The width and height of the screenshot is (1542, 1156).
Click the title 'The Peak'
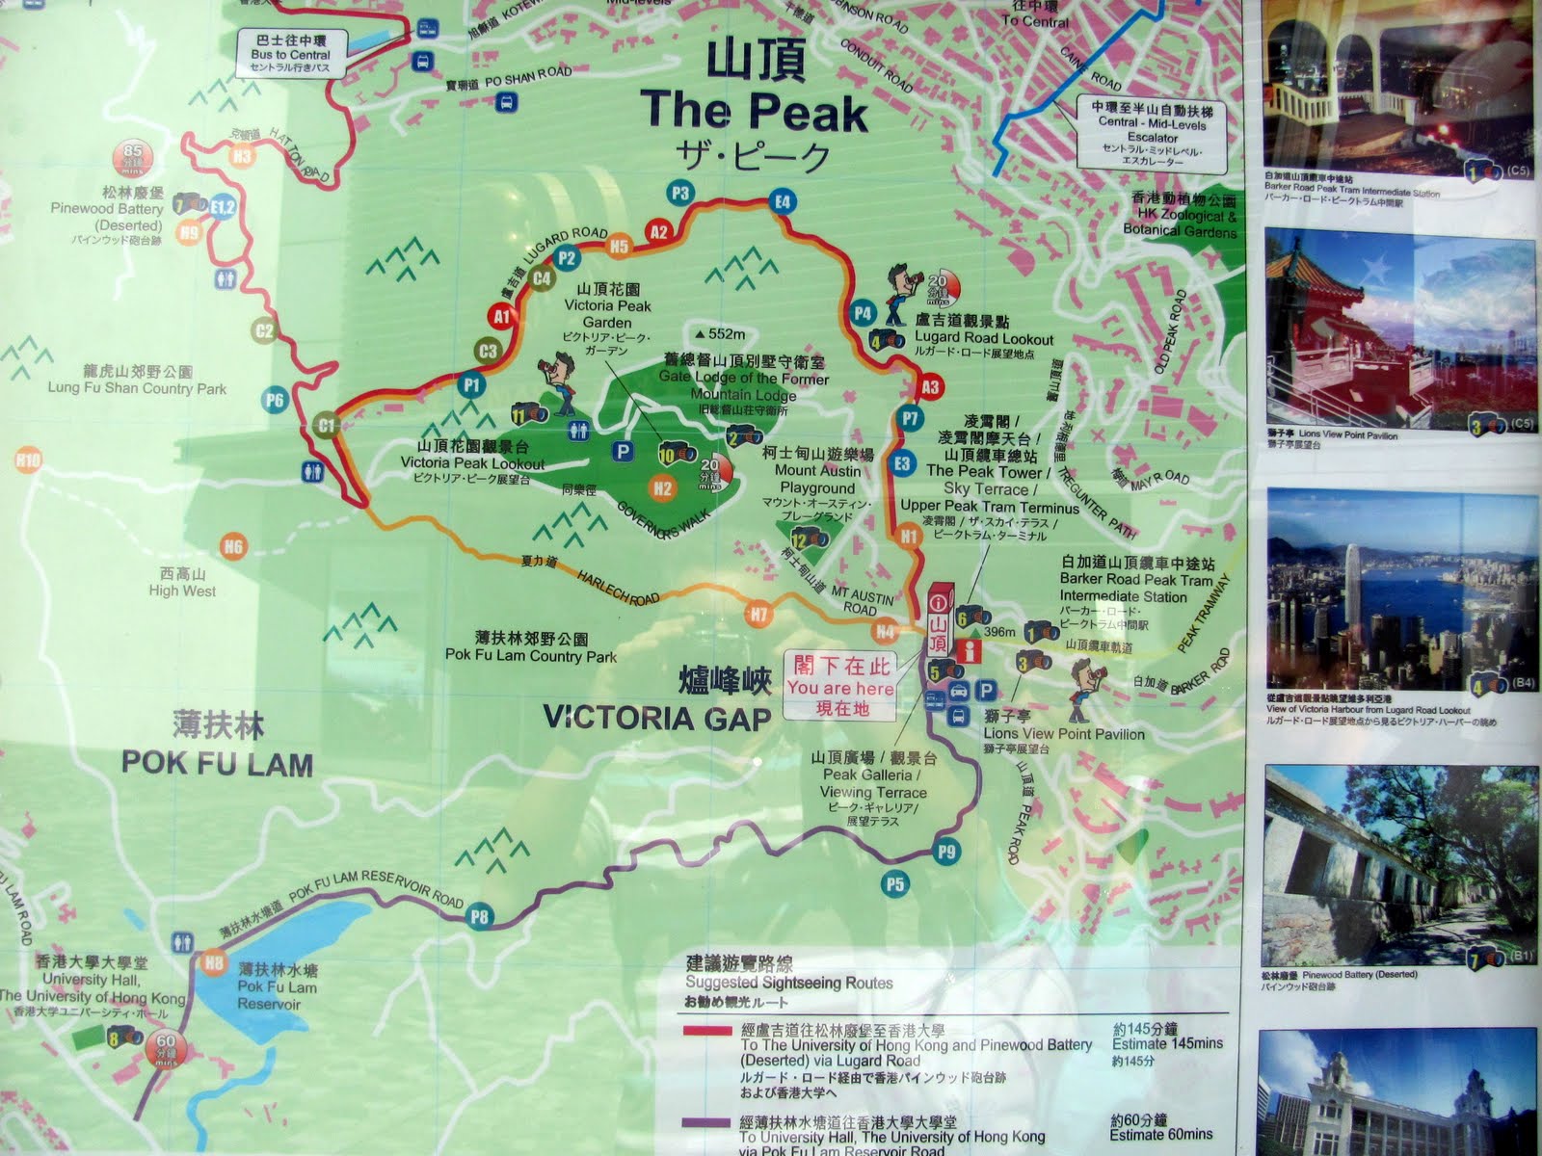(x=757, y=111)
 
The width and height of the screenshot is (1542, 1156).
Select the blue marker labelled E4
(x=783, y=202)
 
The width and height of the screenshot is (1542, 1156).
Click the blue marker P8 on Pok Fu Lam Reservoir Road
(x=478, y=916)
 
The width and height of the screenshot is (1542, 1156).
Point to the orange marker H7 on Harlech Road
(x=759, y=613)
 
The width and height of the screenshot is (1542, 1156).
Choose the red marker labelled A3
(x=929, y=387)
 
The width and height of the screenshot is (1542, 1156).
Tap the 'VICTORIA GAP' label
(x=657, y=719)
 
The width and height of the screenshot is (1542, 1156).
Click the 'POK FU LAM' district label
(x=217, y=764)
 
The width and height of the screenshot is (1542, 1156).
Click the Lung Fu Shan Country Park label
(x=138, y=381)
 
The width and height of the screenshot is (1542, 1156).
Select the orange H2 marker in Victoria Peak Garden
(x=662, y=487)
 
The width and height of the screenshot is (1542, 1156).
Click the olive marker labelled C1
(x=326, y=425)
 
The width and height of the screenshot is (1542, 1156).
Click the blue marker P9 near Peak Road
(x=946, y=851)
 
